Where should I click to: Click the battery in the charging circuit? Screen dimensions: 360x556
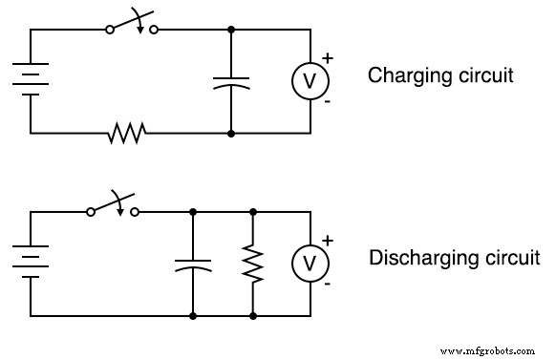(x=31, y=80)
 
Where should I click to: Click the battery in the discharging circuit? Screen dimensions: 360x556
(x=31, y=263)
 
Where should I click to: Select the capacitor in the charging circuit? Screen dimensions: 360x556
(x=231, y=81)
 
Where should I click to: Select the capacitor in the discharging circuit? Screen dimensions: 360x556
(x=193, y=264)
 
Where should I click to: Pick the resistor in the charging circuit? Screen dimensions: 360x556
(x=127, y=133)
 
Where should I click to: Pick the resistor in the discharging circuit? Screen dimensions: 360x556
(x=252, y=264)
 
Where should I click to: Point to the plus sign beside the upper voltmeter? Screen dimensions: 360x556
(x=328, y=58)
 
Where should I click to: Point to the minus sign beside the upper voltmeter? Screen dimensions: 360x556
(x=328, y=101)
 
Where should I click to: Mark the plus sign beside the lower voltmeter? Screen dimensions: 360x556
(x=329, y=240)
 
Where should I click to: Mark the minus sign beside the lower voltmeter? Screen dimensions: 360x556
(x=329, y=284)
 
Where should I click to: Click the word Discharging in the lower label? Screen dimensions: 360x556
(x=416, y=258)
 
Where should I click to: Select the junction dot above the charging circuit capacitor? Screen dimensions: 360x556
(x=231, y=30)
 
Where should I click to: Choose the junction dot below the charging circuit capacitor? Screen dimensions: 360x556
(x=231, y=133)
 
